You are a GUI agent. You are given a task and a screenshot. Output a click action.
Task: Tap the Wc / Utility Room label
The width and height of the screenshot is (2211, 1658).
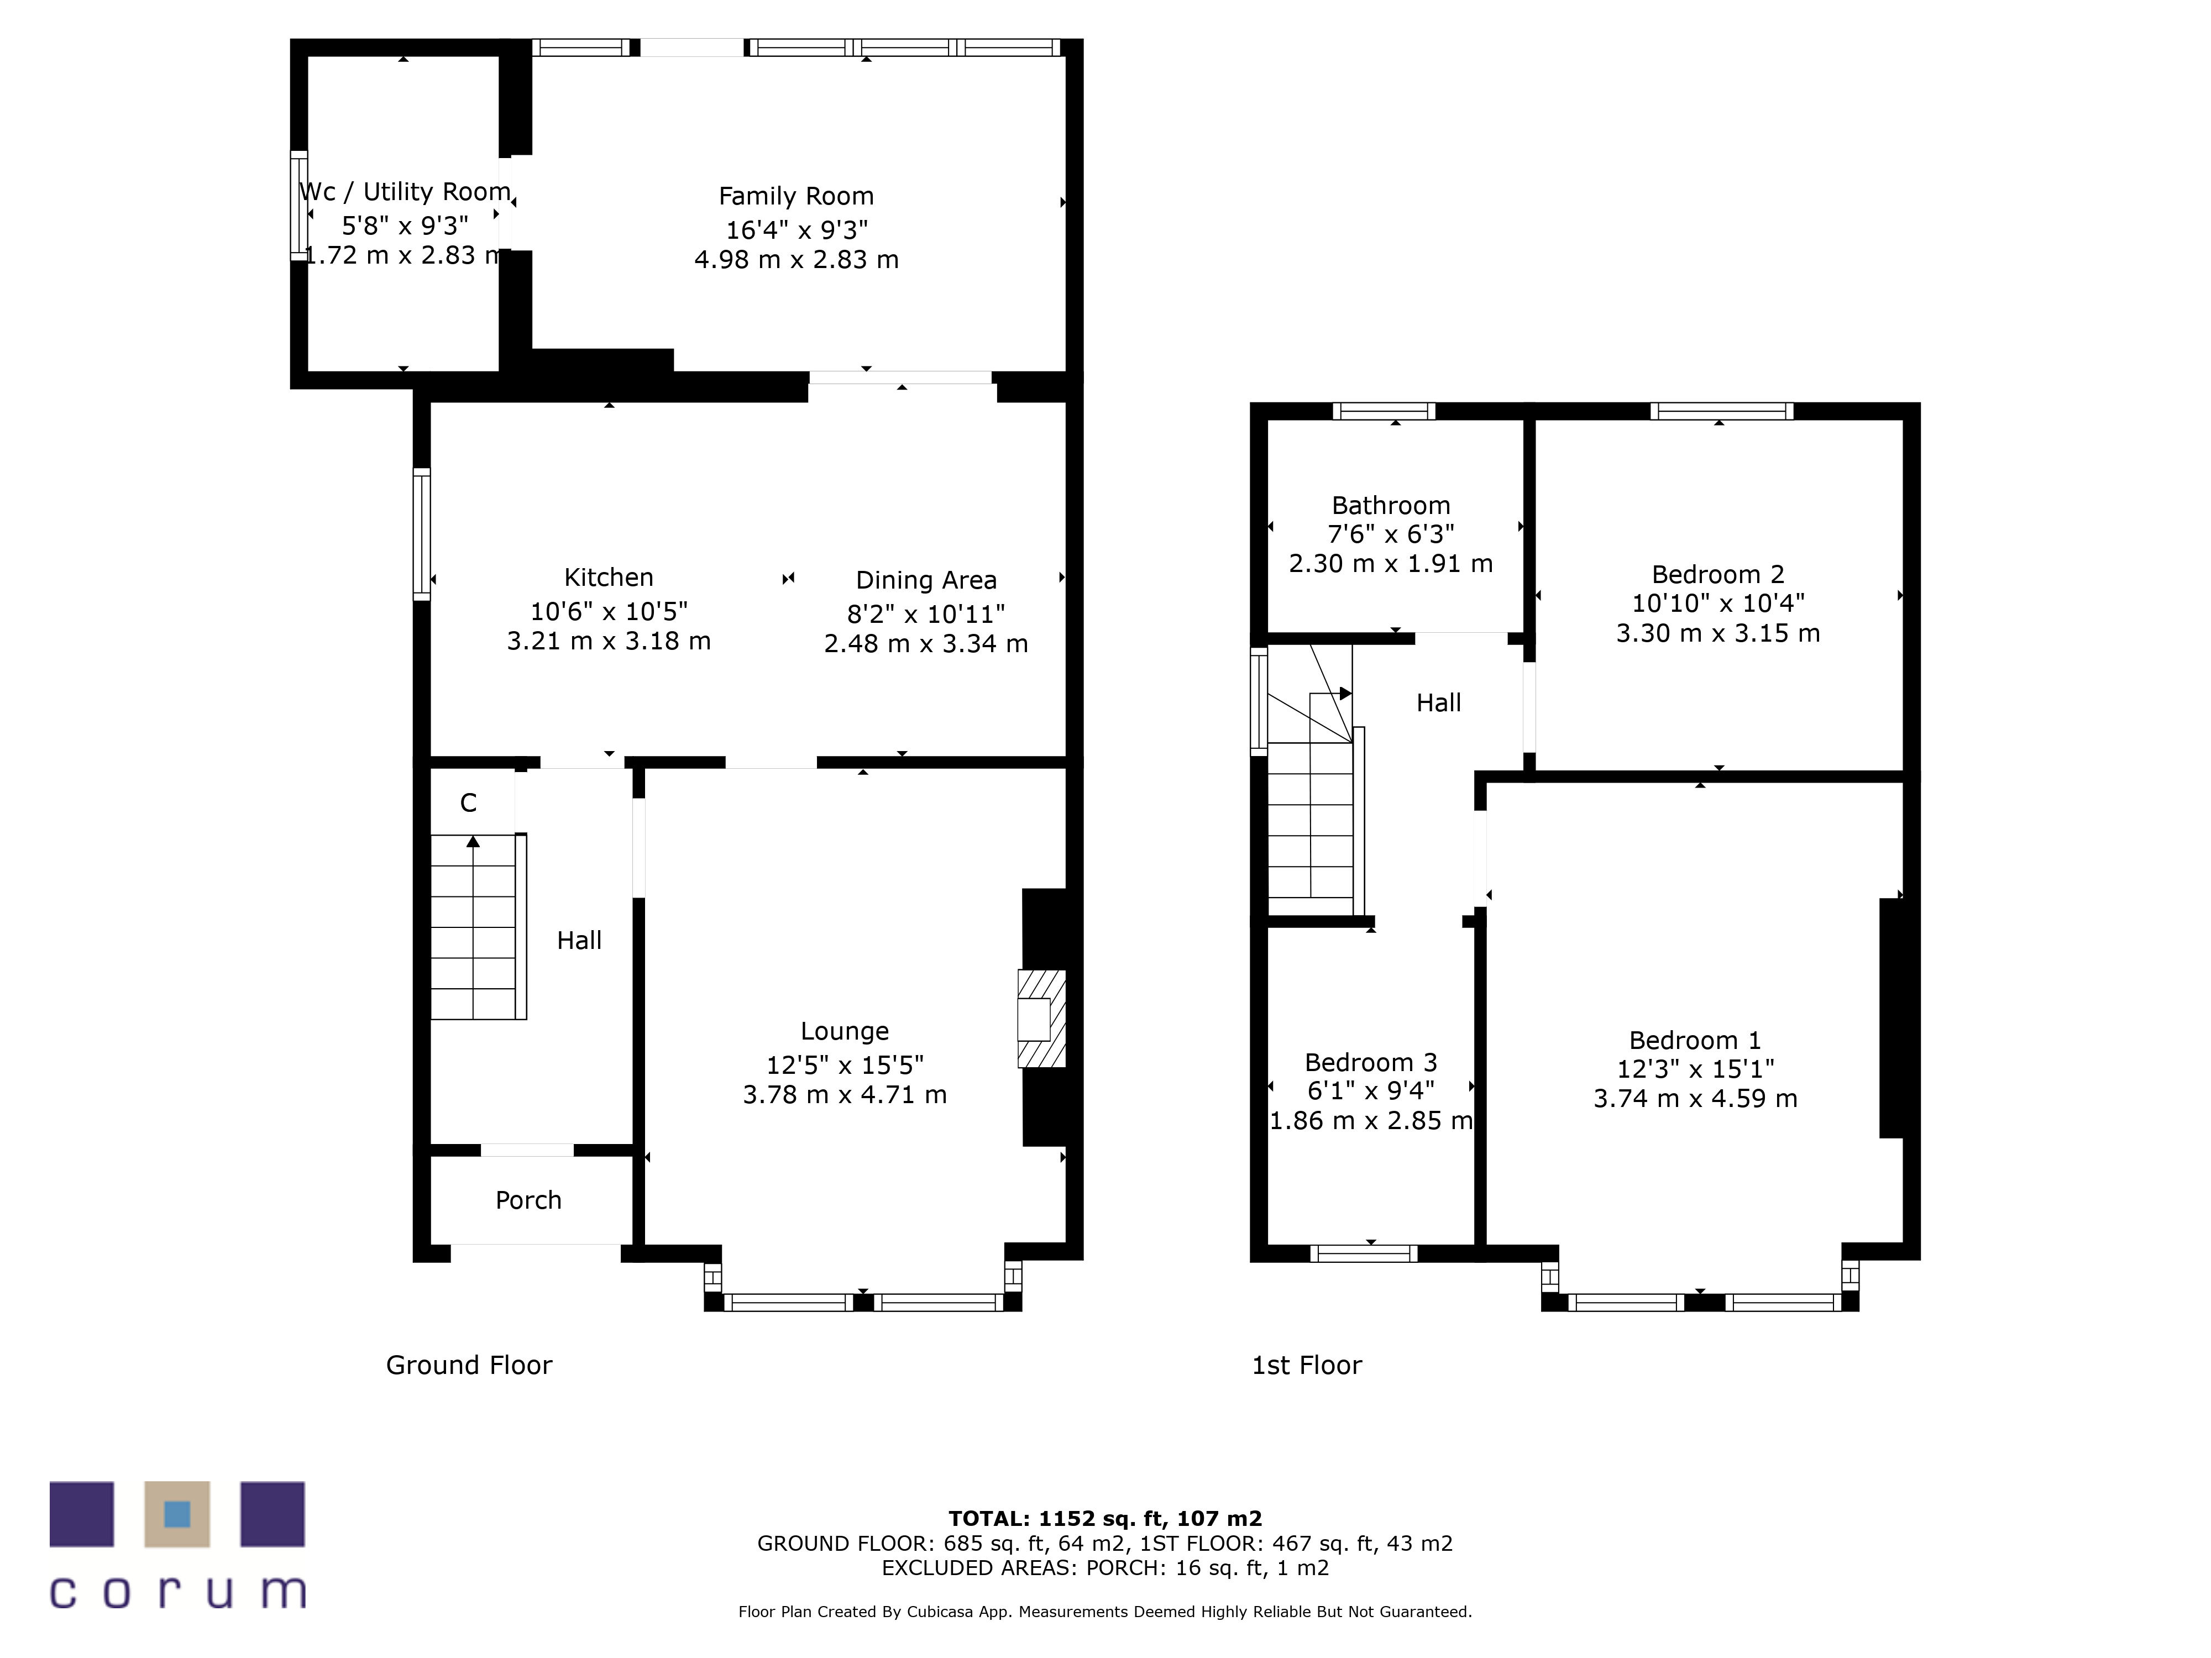click(405, 192)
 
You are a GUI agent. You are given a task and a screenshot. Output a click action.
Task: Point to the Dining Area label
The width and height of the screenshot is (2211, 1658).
click(926, 581)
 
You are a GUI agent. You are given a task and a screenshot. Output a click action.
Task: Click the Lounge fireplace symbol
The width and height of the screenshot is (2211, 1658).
click(1041, 1019)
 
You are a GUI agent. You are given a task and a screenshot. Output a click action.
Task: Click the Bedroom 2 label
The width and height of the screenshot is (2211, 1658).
click(1717, 575)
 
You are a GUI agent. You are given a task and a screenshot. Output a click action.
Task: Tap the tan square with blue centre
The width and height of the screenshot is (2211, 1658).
click(177, 1514)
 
